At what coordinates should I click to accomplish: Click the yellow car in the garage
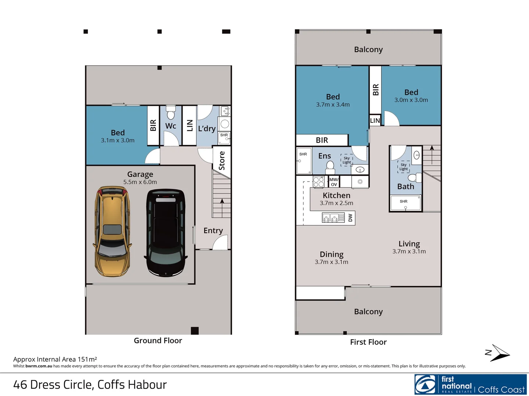[x=112, y=231]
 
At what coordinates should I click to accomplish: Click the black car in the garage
[x=166, y=233]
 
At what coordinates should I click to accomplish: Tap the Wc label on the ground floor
[x=170, y=126]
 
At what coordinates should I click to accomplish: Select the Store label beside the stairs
[x=222, y=160]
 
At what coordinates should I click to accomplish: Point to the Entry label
[x=213, y=231]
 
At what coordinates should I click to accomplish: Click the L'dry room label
[x=207, y=128]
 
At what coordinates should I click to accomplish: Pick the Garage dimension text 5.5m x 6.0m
[x=140, y=182]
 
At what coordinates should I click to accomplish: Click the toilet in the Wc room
[x=171, y=113]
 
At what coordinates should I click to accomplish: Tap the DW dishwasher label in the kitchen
[x=350, y=218]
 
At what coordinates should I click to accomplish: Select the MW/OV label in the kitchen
[x=334, y=182]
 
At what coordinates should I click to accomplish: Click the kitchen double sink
[x=330, y=218]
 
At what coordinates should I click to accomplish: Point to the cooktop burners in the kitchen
[x=319, y=182]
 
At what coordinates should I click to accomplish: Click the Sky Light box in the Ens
[x=346, y=160]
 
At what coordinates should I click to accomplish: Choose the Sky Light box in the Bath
[x=404, y=167]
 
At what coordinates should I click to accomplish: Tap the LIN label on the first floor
[x=375, y=121]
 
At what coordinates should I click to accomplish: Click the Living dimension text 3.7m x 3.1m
[x=409, y=252]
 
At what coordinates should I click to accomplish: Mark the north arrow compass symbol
[x=497, y=353]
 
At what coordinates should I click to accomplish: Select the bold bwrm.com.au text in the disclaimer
[x=39, y=366]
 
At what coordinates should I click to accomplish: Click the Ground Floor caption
[x=158, y=341]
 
